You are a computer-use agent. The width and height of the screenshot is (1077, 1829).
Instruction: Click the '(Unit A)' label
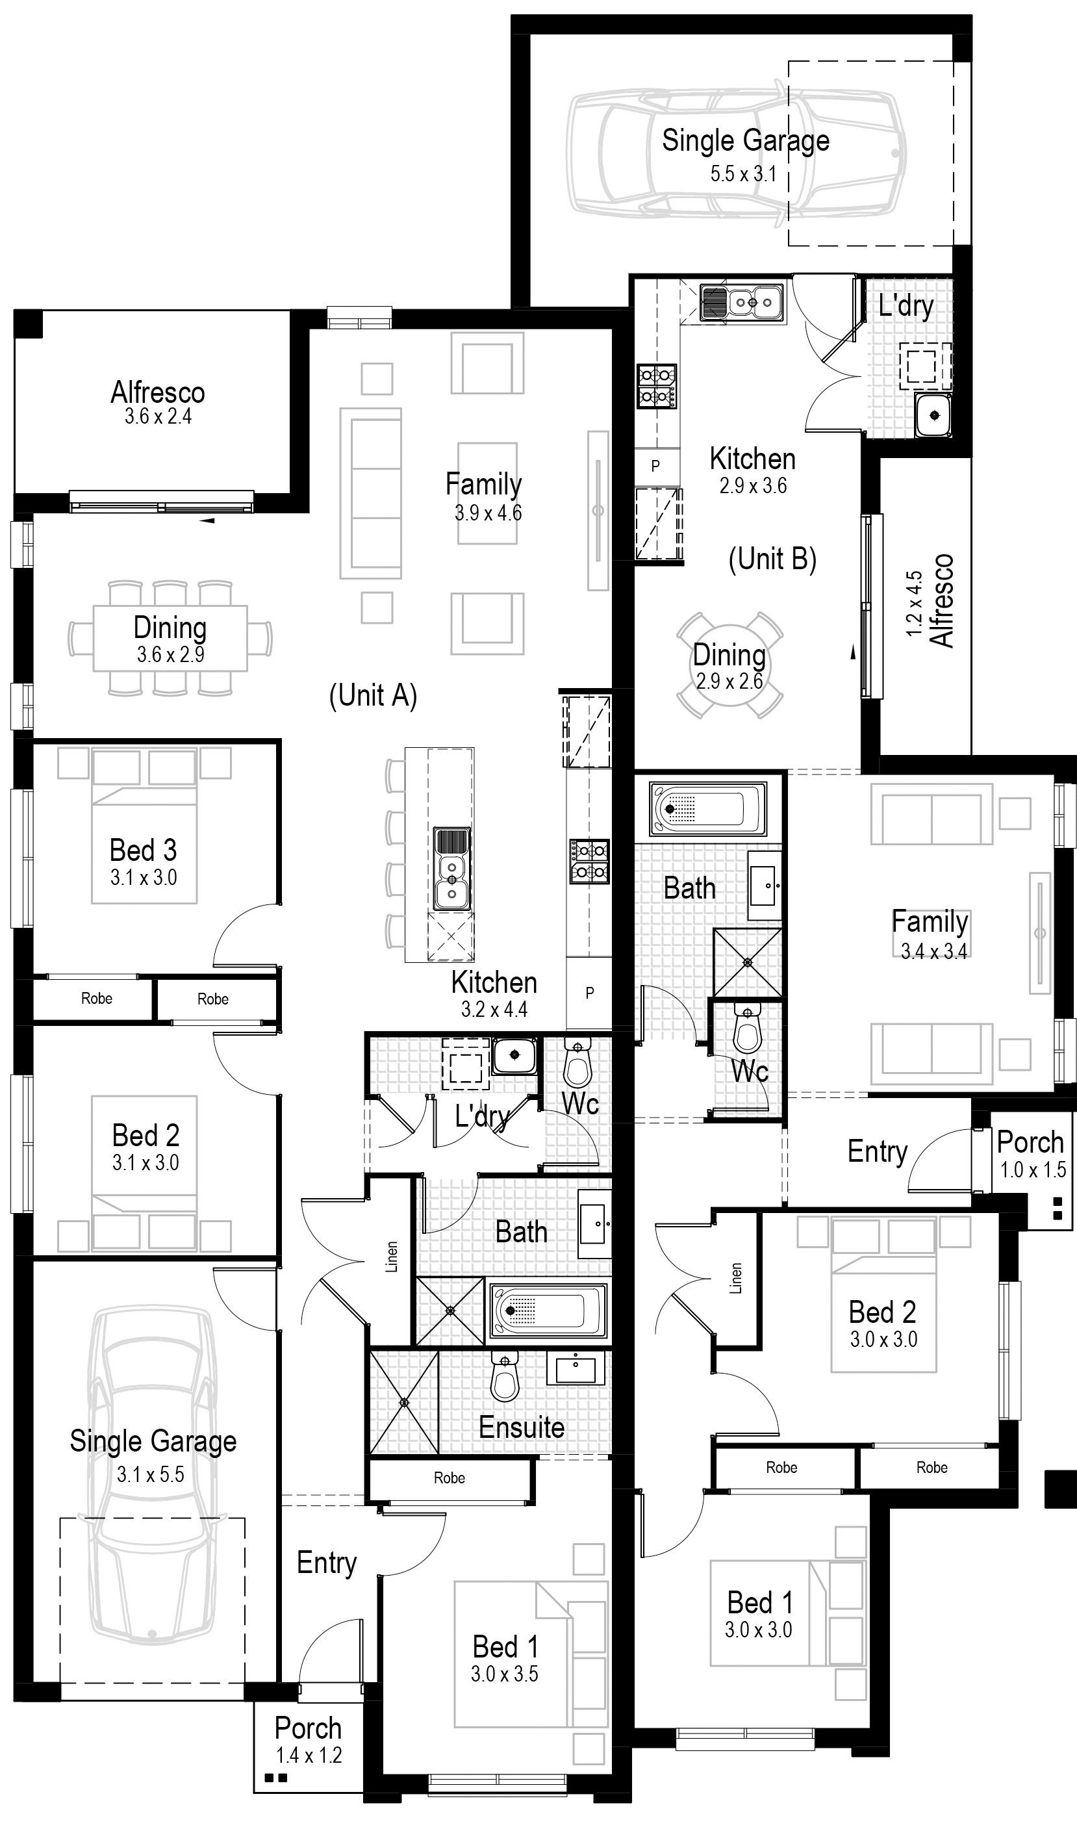373,695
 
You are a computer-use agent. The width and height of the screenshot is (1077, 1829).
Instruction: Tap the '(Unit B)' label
772,559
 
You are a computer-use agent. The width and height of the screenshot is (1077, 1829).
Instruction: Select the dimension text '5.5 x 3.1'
743,174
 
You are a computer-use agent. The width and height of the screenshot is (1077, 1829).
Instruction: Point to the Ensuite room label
522,1427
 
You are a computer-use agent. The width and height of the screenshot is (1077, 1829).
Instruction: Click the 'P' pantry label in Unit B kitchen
655,466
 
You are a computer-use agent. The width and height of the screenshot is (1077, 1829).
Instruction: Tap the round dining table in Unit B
729,665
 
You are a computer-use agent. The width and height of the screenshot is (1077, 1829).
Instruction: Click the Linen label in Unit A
392,1257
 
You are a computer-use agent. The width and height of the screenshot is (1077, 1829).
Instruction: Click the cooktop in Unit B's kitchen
657,386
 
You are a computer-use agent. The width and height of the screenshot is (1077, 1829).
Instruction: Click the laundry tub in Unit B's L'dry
933,415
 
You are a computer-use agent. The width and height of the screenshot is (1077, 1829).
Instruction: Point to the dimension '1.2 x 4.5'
915,604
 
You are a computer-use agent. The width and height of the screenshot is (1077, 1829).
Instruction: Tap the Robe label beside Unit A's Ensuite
450,1477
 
